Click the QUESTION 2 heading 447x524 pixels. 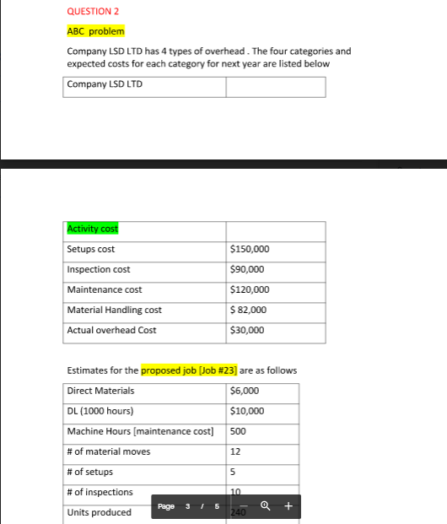point(89,12)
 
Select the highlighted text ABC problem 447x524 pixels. point(95,31)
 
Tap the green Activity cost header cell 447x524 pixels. point(93,229)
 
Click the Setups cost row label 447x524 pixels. point(91,249)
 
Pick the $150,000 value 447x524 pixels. point(250,249)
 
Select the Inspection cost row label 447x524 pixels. point(99,269)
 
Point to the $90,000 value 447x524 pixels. point(247,269)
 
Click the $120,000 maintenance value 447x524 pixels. point(250,289)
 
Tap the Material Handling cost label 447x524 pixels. point(114,310)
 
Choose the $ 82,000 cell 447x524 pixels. point(249,310)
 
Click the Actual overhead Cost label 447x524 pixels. point(111,330)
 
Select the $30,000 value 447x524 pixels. point(247,330)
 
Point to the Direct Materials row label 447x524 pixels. point(100,391)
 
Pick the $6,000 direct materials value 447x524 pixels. point(245,391)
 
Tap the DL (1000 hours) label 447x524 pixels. point(100,411)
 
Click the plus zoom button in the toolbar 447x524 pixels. point(288,507)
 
